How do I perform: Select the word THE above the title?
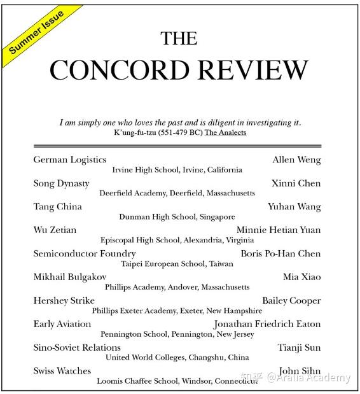179,38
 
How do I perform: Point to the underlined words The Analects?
225,132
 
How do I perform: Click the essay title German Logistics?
70,160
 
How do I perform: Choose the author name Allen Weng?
296,160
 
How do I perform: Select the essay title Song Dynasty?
61,183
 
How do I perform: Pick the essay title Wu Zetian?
55,230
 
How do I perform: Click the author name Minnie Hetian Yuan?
279,230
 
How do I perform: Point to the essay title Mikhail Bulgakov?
70,277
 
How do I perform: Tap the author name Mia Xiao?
302,277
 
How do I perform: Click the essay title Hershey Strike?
64,300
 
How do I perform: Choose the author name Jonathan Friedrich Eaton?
267,324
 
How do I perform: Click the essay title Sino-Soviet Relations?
77,348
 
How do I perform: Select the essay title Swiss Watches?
62,371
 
